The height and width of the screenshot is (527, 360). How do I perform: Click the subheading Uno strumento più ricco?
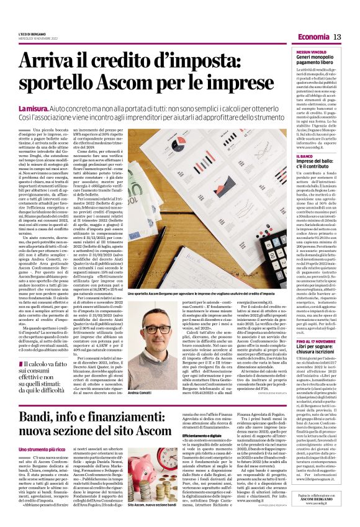click(42, 449)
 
